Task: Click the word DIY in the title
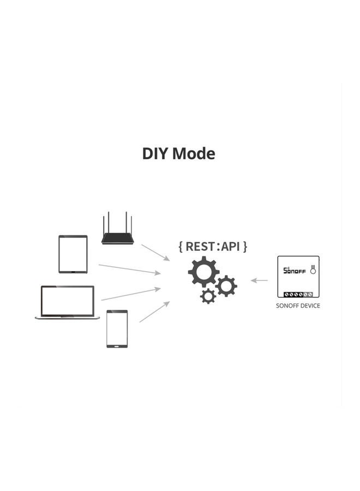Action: [155, 154]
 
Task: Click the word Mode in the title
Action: [194, 154]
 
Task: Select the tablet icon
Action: [73, 254]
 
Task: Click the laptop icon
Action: [67, 302]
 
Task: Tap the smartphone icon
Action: [117, 328]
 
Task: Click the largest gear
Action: [203, 272]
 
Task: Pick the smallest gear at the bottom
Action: [208, 296]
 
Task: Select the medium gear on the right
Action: [226, 285]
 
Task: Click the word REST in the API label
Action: [200, 246]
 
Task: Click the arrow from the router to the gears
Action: [155, 252]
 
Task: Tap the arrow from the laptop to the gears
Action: [131, 294]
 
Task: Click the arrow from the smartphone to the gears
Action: [154, 312]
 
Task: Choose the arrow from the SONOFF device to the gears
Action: [260, 280]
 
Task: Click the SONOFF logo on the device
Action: [294, 270]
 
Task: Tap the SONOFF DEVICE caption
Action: [298, 306]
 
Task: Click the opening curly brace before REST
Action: [181, 246]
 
